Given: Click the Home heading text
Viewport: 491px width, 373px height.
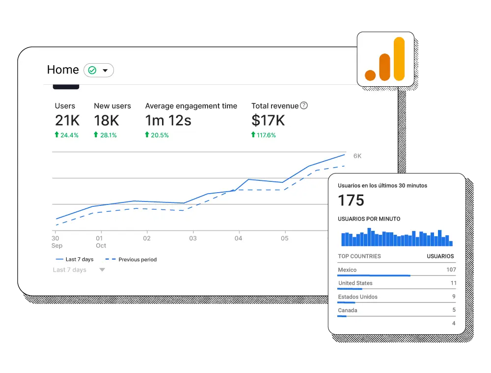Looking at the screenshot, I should click(x=63, y=70).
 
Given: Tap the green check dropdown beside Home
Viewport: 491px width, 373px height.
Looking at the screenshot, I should click(x=99, y=71).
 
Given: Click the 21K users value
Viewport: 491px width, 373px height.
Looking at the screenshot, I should click(x=67, y=121).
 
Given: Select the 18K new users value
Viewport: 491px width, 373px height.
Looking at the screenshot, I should click(x=107, y=121).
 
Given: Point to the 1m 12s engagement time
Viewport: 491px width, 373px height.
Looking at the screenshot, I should click(x=168, y=121).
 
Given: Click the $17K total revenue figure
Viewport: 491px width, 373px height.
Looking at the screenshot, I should click(x=268, y=121).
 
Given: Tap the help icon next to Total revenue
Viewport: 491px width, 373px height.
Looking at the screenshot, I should click(x=304, y=105).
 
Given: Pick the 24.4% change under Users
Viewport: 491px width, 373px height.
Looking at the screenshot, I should click(x=69, y=135).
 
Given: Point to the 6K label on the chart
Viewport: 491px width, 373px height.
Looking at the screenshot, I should click(x=357, y=156).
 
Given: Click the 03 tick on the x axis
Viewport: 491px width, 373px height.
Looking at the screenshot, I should click(x=193, y=239).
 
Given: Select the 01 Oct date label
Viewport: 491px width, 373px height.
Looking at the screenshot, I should click(x=101, y=242).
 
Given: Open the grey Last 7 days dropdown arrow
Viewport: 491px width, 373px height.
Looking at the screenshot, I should click(x=102, y=270).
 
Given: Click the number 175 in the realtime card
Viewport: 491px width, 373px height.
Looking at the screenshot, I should click(x=351, y=200).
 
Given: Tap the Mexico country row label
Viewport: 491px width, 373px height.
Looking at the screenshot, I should click(x=347, y=270).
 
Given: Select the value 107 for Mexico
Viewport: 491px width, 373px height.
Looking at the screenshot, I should click(x=451, y=270).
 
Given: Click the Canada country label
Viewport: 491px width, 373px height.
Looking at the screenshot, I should click(x=348, y=310).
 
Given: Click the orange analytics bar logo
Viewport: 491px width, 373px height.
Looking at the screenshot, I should click(x=385, y=59).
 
